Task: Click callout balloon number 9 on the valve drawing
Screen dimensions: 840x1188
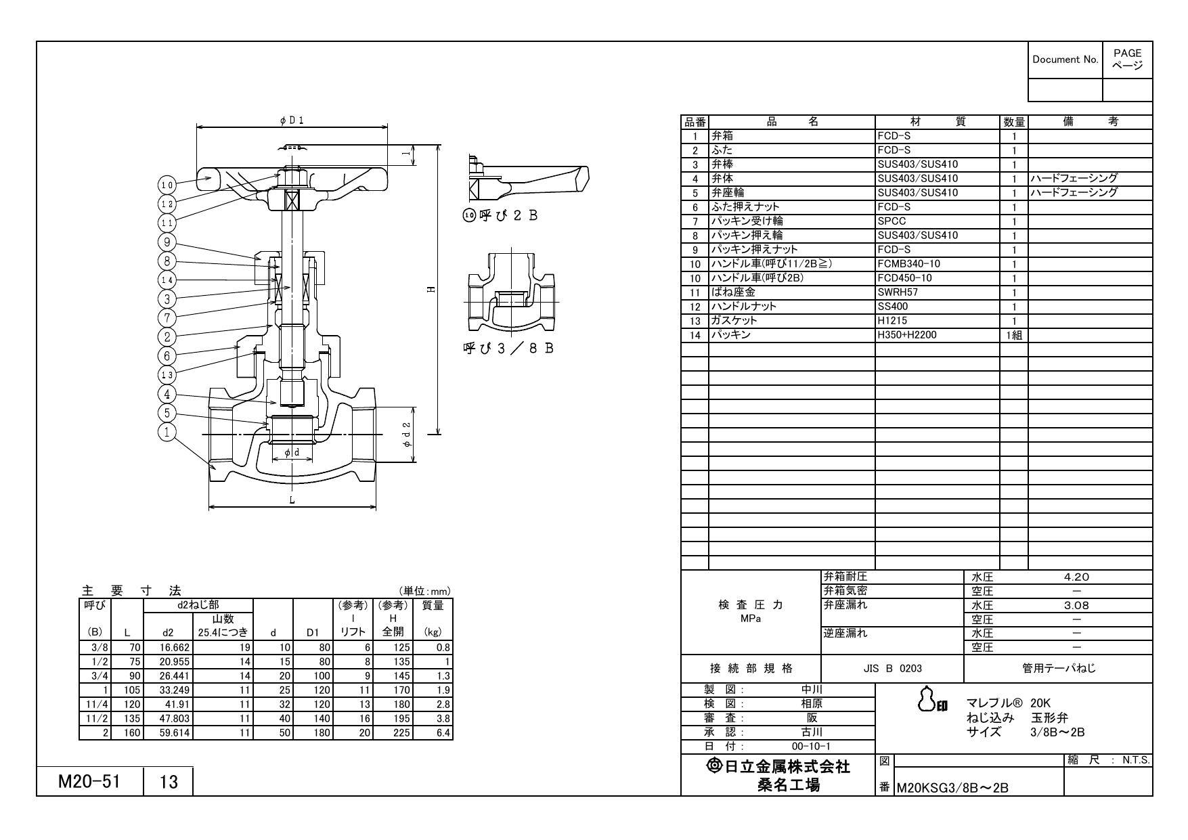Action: coord(166,242)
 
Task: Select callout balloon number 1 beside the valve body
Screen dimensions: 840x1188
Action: coord(166,432)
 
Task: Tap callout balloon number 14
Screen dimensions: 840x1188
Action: coord(166,280)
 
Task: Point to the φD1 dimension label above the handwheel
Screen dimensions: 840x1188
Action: coord(292,120)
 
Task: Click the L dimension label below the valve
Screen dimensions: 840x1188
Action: coord(292,500)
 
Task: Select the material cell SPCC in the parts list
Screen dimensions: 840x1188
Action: coord(892,221)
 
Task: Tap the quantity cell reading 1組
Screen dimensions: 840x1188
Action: coord(1013,335)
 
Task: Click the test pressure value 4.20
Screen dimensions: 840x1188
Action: coord(1076,577)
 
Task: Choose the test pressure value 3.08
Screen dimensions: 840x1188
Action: coord(1076,606)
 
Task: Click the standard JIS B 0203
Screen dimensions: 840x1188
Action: coord(892,669)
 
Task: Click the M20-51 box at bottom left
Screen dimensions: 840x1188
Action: coord(89,782)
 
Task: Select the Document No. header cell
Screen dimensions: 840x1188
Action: coord(1065,60)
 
